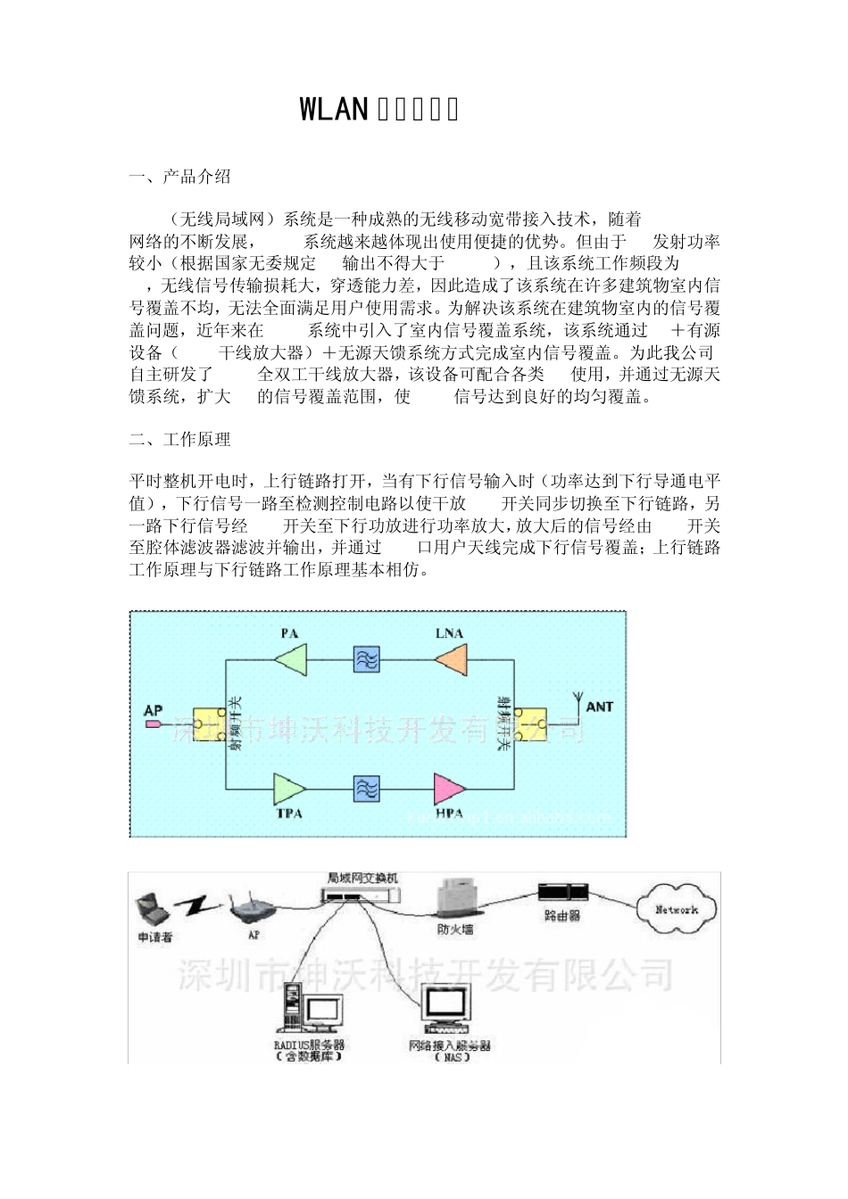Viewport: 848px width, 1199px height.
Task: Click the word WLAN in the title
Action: click(334, 109)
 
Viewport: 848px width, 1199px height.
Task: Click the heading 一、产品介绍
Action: click(179, 177)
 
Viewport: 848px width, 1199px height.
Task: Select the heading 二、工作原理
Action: click(179, 439)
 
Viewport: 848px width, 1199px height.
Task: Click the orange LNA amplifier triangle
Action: click(451, 660)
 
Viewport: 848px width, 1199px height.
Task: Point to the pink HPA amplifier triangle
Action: click(449, 789)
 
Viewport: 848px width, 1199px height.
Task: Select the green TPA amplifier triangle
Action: click(289, 789)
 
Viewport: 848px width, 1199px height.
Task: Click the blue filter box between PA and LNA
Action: click(366, 660)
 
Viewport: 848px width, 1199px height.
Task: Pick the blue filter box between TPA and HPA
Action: click(366, 789)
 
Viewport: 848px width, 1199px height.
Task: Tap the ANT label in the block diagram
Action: click(599, 707)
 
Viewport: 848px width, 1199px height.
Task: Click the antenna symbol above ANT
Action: click(576, 696)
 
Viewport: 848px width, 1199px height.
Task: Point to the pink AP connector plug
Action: click(154, 724)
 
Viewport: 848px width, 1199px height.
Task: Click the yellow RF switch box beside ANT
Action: click(533, 724)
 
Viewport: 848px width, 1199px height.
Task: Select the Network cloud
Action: click(676, 910)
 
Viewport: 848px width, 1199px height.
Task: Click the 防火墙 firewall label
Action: click(455, 930)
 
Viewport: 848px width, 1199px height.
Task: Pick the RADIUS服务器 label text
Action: click(309, 1045)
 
